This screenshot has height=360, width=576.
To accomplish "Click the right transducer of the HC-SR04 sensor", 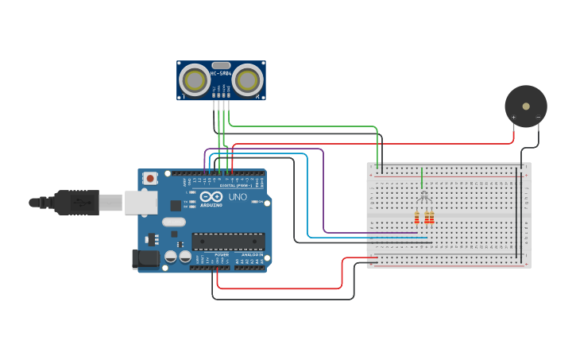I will pyautogui.click(x=248, y=79).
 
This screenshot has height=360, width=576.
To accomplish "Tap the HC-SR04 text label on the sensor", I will pyautogui.click(x=221, y=73).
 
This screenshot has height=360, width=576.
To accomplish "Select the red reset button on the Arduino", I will pyautogui.click(x=149, y=180).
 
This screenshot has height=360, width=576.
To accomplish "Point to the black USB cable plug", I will pyautogui.click(x=76, y=203).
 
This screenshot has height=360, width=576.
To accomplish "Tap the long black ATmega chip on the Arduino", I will pyautogui.click(x=228, y=241).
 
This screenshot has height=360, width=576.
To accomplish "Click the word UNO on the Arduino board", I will pyautogui.click(x=238, y=196).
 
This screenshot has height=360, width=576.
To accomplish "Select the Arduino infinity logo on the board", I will pyautogui.click(x=211, y=196).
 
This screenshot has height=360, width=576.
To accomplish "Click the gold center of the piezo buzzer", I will pyautogui.click(x=526, y=106).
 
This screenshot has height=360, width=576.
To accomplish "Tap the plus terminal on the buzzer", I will pyautogui.click(x=513, y=118).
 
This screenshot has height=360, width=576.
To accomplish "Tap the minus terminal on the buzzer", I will pyautogui.click(x=538, y=118).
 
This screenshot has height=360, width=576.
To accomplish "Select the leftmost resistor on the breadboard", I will pyautogui.click(x=416, y=218).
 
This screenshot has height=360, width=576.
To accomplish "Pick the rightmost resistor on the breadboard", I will pyautogui.click(x=432, y=218).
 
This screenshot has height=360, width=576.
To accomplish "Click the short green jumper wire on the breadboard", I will pyautogui.click(x=421, y=179).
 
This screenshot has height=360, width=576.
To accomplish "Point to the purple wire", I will pyautogui.click(x=323, y=191).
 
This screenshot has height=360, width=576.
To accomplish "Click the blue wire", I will pyautogui.click(x=307, y=199).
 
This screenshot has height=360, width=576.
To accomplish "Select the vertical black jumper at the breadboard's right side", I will pyautogui.click(x=522, y=215).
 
